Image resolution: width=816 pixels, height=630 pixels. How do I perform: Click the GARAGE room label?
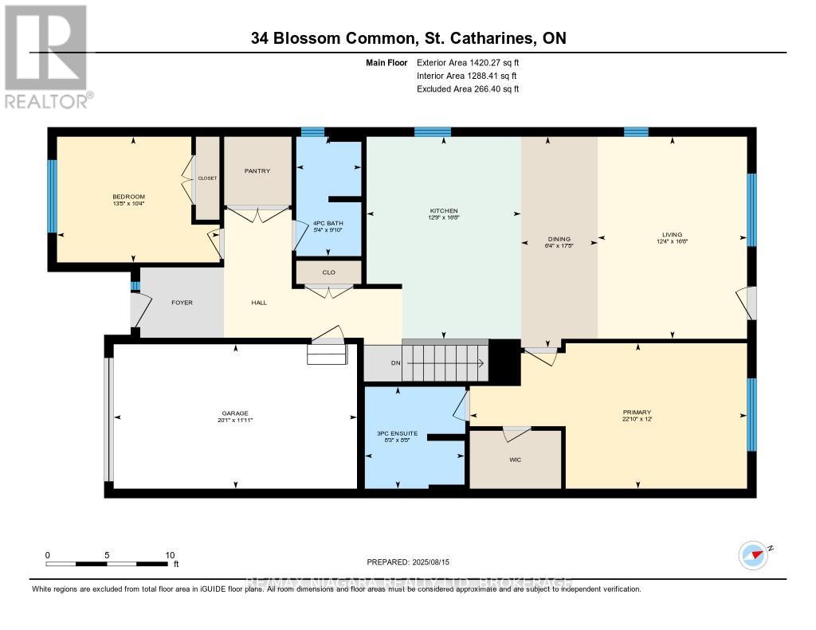point(235,412)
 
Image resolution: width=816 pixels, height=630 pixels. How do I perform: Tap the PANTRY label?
point(257,170)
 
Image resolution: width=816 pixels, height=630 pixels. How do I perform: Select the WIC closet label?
point(515,460)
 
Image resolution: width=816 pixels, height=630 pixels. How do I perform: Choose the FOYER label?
point(182,303)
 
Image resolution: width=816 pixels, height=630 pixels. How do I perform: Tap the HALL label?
point(259,303)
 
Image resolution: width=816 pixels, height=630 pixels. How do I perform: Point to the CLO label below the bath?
point(328,272)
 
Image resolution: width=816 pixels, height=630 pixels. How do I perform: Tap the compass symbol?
point(752,554)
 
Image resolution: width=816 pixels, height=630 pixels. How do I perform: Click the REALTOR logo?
point(47,56)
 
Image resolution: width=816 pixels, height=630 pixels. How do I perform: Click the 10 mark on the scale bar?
point(168,555)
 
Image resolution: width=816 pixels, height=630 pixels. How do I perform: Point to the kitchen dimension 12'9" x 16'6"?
point(443,217)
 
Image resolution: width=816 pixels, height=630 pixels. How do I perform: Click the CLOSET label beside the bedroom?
point(208,178)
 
